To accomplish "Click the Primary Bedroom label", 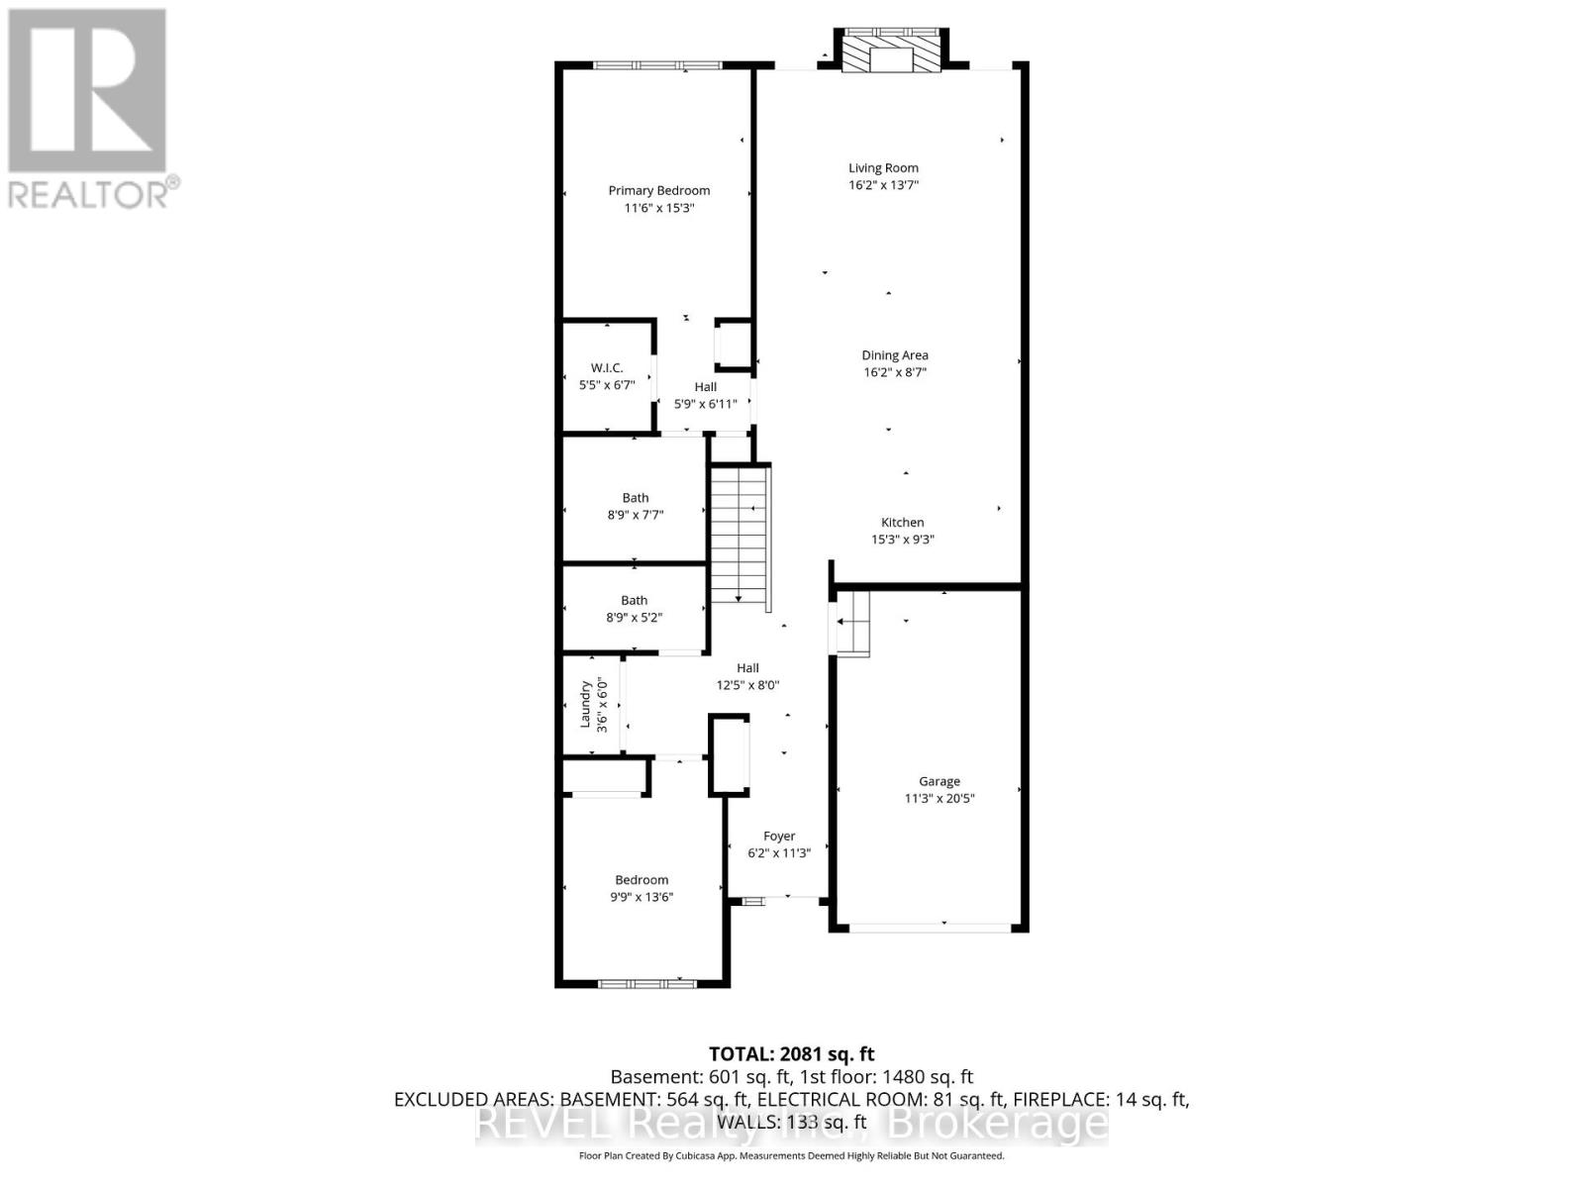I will point(658,190).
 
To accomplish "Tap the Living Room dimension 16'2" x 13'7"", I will point(883,185).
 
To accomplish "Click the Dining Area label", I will point(894,354).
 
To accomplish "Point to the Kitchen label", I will point(902,522).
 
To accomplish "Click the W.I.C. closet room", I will point(606,376).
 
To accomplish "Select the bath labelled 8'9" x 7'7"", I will point(635,506).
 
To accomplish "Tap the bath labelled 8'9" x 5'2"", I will point(634,608).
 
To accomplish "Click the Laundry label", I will point(585,704).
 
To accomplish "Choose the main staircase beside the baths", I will point(740,535).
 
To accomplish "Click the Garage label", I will point(939,781).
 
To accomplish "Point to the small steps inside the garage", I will point(852,623).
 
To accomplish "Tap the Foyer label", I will point(778,836).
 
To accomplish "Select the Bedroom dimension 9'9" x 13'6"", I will point(642,897).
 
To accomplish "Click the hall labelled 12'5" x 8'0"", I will point(747,676).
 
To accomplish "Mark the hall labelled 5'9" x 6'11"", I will point(705,395).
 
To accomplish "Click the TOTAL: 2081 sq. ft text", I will point(791,1054).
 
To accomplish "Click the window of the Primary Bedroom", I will point(657,65).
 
